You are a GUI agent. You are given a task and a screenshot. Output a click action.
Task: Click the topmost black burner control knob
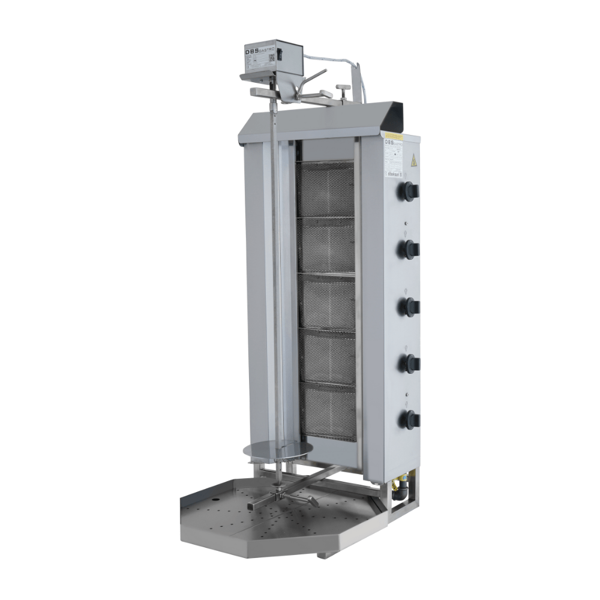[411, 191]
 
